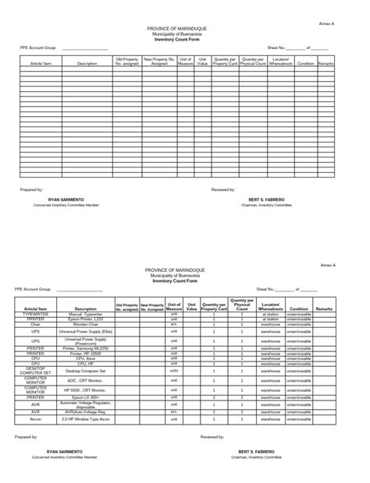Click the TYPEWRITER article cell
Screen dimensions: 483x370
point(35,314)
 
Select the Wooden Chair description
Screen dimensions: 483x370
point(86,323)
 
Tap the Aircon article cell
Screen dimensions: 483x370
point(35,418)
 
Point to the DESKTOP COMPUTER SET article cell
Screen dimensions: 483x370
point(35,371)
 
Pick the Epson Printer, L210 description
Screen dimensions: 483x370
point(86,319)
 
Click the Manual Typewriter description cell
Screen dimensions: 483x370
point(86,314)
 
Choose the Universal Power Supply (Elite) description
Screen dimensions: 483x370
point(86,331)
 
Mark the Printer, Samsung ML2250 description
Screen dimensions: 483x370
point(86,348)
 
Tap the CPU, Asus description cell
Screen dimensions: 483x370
point(86,358)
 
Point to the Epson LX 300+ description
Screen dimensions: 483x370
point(86,397)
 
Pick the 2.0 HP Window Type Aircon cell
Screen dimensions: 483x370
point(86,418)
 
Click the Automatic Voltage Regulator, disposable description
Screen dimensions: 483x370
point(86,404)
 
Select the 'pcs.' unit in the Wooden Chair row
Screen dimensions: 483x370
point(174,323)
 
